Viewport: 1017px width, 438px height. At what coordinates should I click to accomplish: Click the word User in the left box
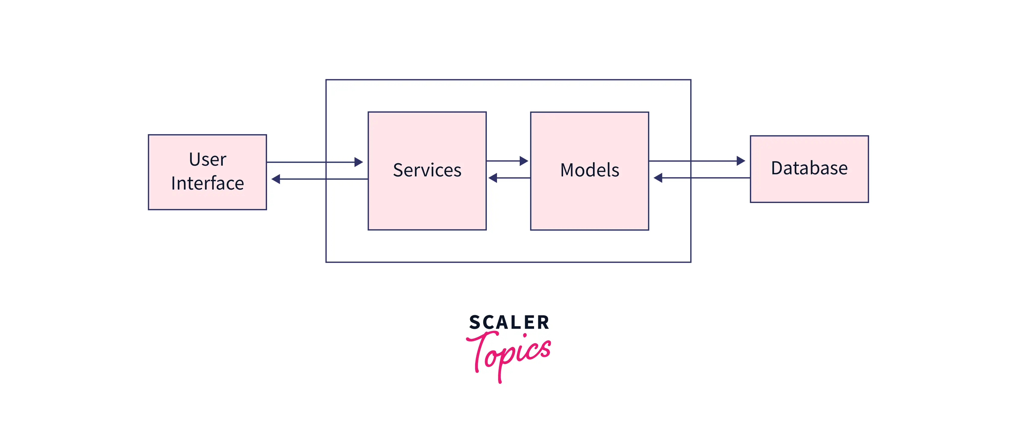tap(208, 159)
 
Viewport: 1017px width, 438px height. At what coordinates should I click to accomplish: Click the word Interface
tap(208, 183)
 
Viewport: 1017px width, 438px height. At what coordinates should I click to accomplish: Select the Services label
tap(427, 170)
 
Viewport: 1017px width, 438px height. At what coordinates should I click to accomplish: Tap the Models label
tap(590, 170)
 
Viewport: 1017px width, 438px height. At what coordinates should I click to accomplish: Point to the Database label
tap(809, 168)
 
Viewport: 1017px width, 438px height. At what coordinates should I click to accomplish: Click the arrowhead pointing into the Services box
tap(359, 162)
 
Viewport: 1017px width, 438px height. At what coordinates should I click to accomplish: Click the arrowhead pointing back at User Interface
tap(276, 179)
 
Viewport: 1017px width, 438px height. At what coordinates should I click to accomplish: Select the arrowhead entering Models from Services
tap(524, 161)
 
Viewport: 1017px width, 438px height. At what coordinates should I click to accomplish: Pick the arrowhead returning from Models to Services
tap(493, 178)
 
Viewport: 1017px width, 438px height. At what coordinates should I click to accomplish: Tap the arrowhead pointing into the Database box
tap(741, 161)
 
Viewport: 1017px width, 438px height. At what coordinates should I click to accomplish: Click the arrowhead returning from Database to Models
tap(658, 178)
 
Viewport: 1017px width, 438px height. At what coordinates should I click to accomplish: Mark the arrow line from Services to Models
tap(507, 161)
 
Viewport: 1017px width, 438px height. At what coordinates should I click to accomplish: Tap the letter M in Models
tap(568, 170)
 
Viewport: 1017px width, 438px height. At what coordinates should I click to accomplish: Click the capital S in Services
tap(398, 170)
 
